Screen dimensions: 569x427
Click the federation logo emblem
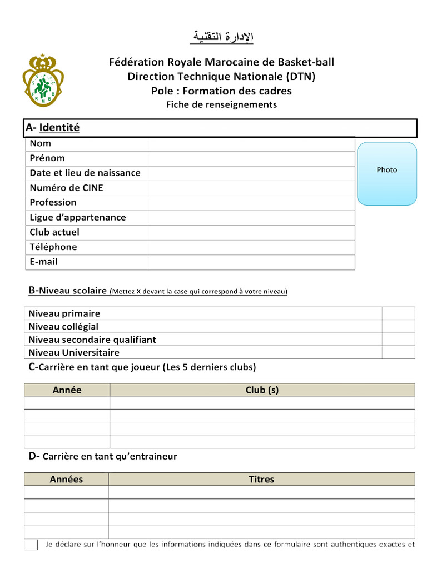[43, 81]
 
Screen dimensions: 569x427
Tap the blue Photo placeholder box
[387, 173]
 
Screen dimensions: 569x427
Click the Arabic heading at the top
[221, 37]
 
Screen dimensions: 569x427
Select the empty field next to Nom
[251, 143]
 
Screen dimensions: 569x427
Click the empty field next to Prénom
[251, 158]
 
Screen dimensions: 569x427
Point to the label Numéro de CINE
[66, 188]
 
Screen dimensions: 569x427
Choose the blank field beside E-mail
[251, 262]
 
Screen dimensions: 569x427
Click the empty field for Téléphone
[251, 247]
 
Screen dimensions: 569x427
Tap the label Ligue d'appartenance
[78, 217]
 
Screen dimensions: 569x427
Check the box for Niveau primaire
[398, 313]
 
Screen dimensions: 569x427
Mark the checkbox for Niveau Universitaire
[398, 352]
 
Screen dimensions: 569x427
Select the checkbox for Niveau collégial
[398, 326]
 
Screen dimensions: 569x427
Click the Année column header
[67, 390]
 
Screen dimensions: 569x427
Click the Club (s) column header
[262, 390]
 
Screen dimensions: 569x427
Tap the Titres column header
[261, 479]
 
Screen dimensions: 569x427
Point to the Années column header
[66, 479]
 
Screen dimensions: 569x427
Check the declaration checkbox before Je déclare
[31, 545]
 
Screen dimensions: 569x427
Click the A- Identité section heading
[53, 128]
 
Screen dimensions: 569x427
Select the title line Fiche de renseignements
[221, 104]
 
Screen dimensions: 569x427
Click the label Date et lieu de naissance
[85, 173]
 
